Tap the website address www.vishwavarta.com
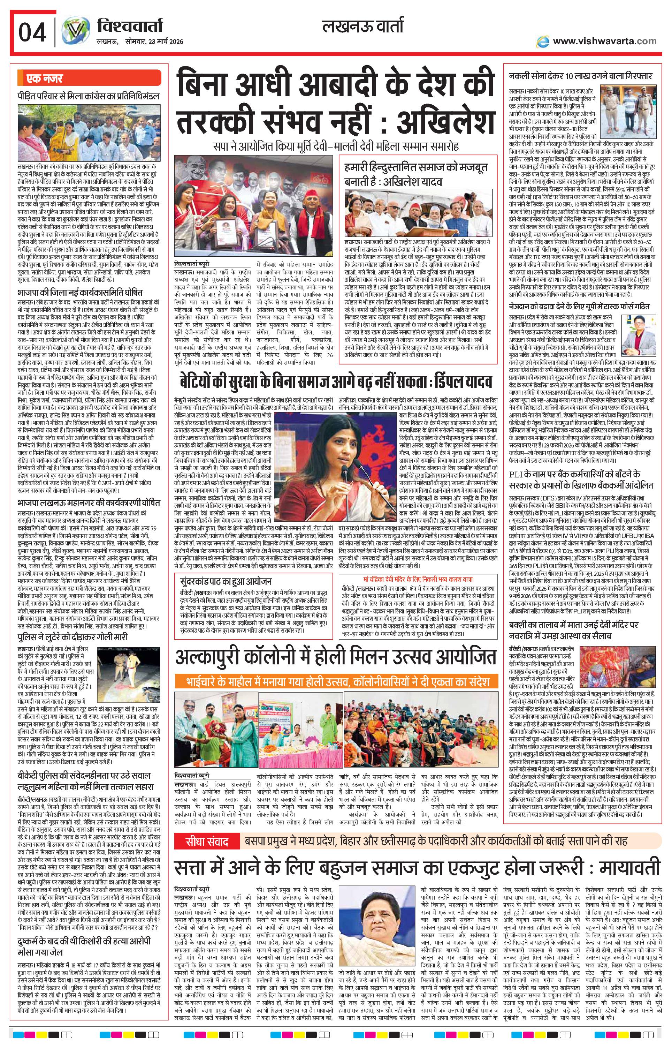coord(604,41)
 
